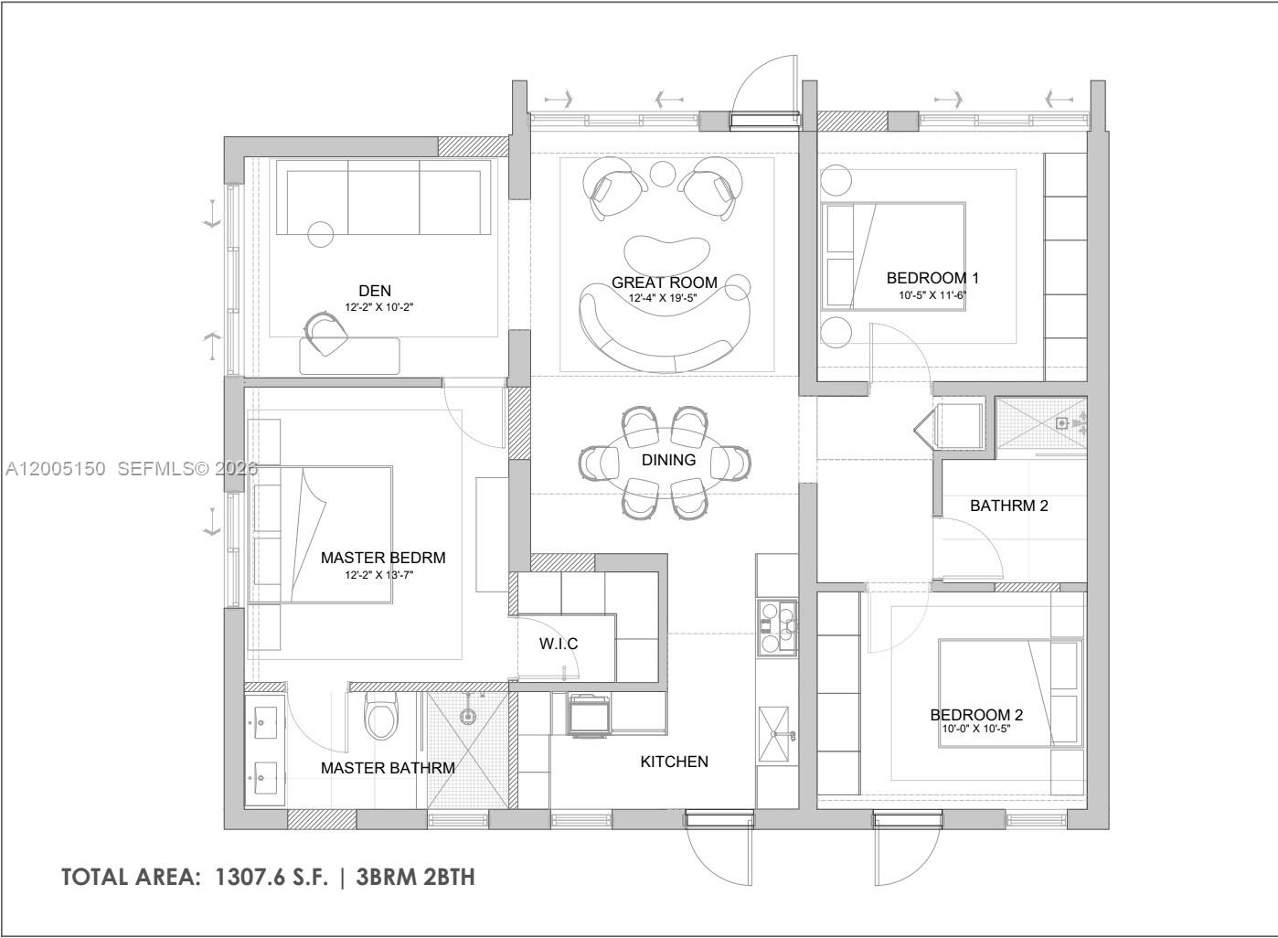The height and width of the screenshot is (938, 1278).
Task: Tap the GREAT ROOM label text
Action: pos(665,282)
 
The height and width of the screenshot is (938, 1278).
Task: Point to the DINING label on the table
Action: pos(668,460)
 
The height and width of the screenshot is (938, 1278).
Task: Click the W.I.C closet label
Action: pos(558,644)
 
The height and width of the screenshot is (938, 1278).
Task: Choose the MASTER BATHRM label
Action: pos(388,768)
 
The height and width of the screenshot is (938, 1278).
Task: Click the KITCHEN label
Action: pos(674,761)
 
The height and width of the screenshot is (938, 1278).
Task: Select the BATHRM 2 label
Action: pos(1008,505)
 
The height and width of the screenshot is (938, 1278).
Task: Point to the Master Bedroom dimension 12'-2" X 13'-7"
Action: pos(383,576)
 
